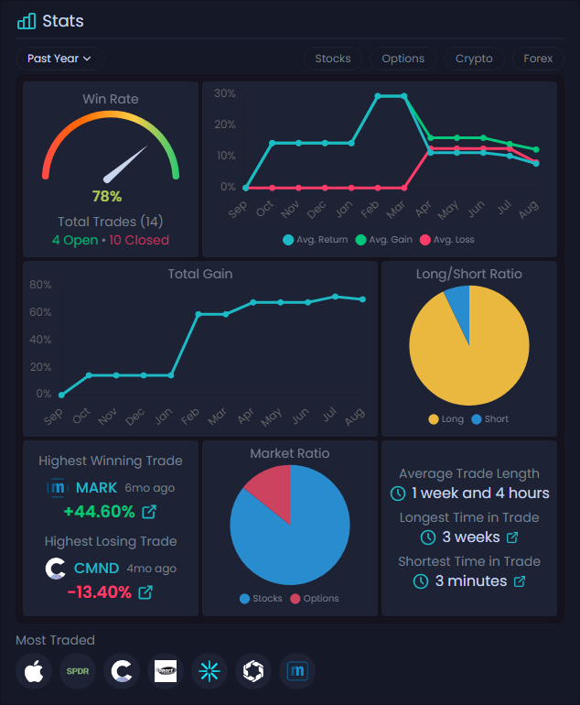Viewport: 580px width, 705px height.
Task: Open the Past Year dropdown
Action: coord(59,59)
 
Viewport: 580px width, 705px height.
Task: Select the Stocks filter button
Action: coord(333,59)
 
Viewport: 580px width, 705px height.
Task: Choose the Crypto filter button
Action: coord(474,59)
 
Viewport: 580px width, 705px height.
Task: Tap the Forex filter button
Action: coord(538,59)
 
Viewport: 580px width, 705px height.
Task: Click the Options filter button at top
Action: coord(403,59)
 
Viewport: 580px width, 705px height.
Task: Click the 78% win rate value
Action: coord(107,196)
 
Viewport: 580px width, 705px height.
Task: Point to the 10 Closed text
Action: coord(139,240)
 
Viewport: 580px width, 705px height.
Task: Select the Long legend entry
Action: coord(446,419)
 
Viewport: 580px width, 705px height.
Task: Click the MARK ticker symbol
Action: coord(96,488)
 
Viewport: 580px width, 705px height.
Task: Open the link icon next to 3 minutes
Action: coord(520,581)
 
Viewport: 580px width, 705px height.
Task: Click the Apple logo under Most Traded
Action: coord(34,671)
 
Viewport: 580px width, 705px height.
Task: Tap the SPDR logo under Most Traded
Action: coord(78,671)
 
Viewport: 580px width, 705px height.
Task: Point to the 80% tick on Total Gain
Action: coord(40,285)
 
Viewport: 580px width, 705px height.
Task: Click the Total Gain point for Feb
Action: coord(199,314)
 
